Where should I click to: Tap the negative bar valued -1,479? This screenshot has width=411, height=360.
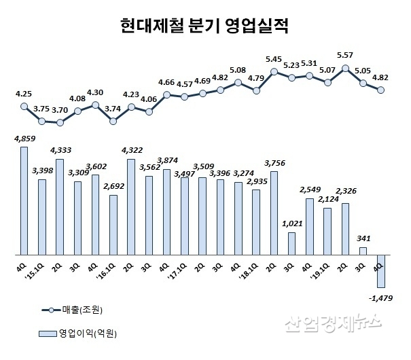pyautogui.click(x=381, y=270)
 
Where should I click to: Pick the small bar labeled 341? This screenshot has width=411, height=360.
pyautogui.click(x=363, y=251)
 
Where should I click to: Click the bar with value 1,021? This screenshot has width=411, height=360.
pyautogui.click(x=291, y=243)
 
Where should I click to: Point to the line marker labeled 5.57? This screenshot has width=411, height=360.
pyautogui.click(x=346, y=68)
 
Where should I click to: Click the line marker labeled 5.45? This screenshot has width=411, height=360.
pyautogui.click(x=274, y=71)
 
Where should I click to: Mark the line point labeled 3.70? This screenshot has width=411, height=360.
pyautogui.click(x=60, y=123)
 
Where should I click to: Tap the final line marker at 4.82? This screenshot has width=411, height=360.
pyautogui.click(x=381, y=90)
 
